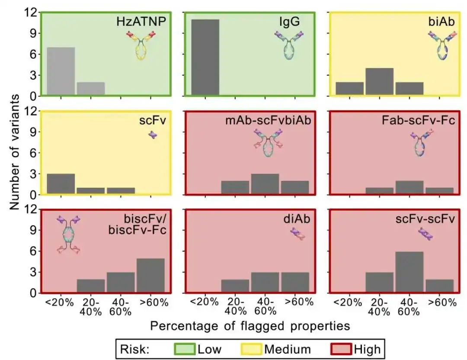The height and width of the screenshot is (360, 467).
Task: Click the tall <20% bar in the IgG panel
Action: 205,57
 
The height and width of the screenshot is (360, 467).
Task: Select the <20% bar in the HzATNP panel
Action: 61,71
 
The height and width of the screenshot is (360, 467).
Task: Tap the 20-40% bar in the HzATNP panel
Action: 91,88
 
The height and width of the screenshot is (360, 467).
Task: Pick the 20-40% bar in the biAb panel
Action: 379,81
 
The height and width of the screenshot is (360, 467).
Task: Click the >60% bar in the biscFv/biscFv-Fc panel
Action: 150,275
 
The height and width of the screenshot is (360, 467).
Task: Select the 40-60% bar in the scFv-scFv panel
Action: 409,272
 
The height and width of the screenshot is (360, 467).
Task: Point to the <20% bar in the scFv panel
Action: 61,184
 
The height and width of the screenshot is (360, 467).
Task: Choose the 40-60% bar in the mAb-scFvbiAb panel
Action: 264,184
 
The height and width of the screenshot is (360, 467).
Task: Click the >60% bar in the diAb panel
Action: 294,282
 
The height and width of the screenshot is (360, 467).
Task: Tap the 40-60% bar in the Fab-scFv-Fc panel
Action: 409,187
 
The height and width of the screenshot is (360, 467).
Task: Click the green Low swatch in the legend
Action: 184,348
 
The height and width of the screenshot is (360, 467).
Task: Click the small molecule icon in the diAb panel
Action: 298,234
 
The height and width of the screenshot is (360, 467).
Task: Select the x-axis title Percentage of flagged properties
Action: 250,325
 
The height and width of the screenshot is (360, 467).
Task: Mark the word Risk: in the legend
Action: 134,349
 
